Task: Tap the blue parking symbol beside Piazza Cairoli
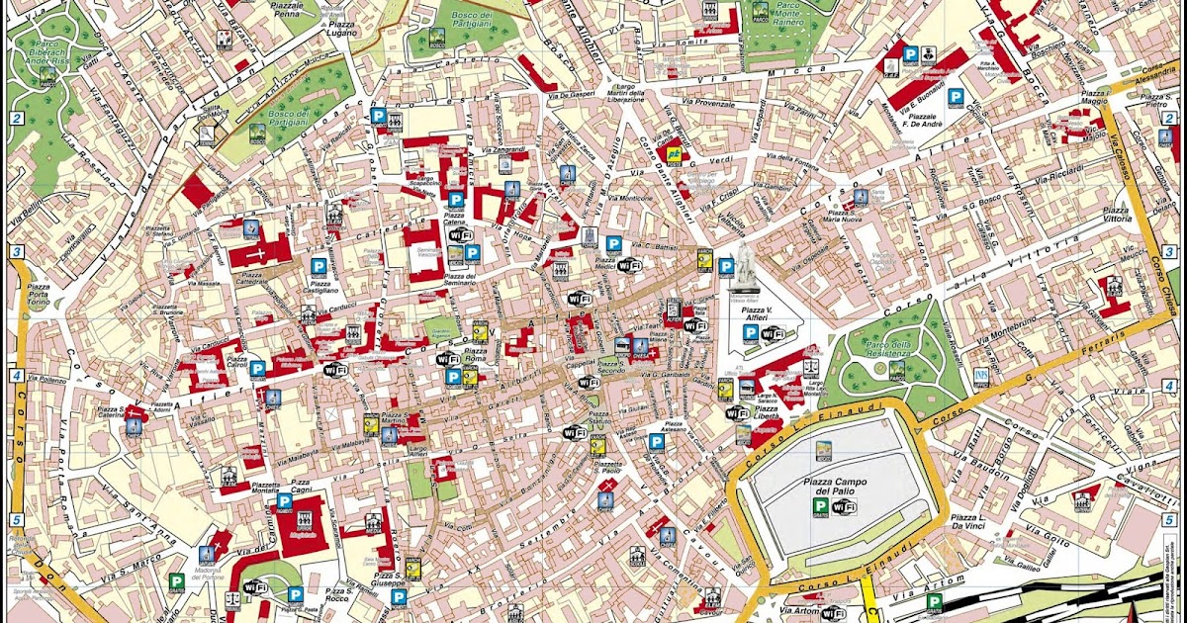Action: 257,369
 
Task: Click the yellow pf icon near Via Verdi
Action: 674,154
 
